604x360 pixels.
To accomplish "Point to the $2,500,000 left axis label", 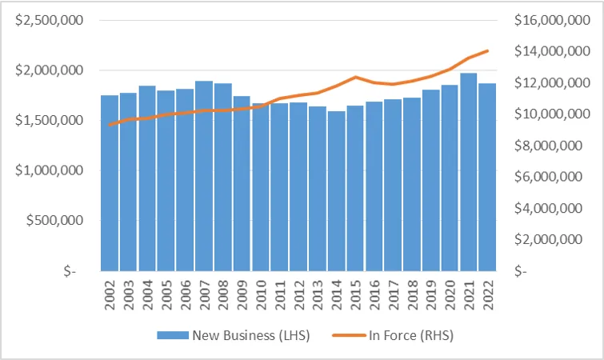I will click(x=49, y=20).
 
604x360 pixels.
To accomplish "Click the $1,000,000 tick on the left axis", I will click(x=49, y=170).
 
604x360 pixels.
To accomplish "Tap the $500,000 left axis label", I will click(x=54, y=221).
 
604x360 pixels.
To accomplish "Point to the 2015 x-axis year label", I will click(x=355, y=294).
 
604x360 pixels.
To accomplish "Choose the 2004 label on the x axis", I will click(x=147, y=294).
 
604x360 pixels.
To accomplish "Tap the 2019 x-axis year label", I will click(x=431, y=294).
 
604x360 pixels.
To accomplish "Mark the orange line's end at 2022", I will click(x=487, y=51).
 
